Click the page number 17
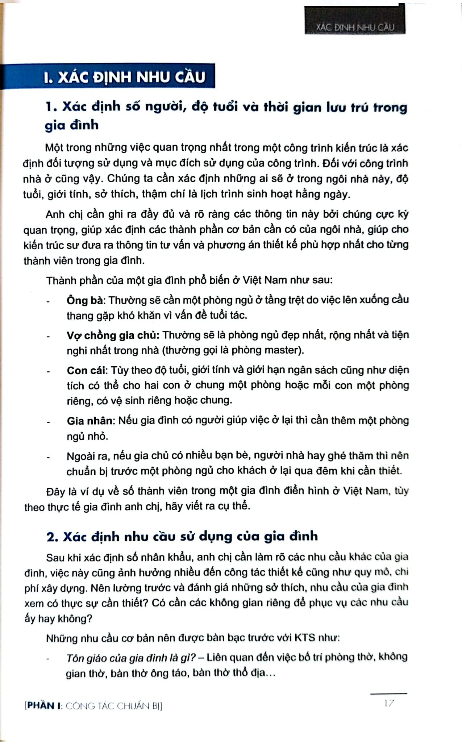389,703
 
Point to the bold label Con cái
87,370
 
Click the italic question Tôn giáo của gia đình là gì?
131,658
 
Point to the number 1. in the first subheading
51,107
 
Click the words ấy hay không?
58,618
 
